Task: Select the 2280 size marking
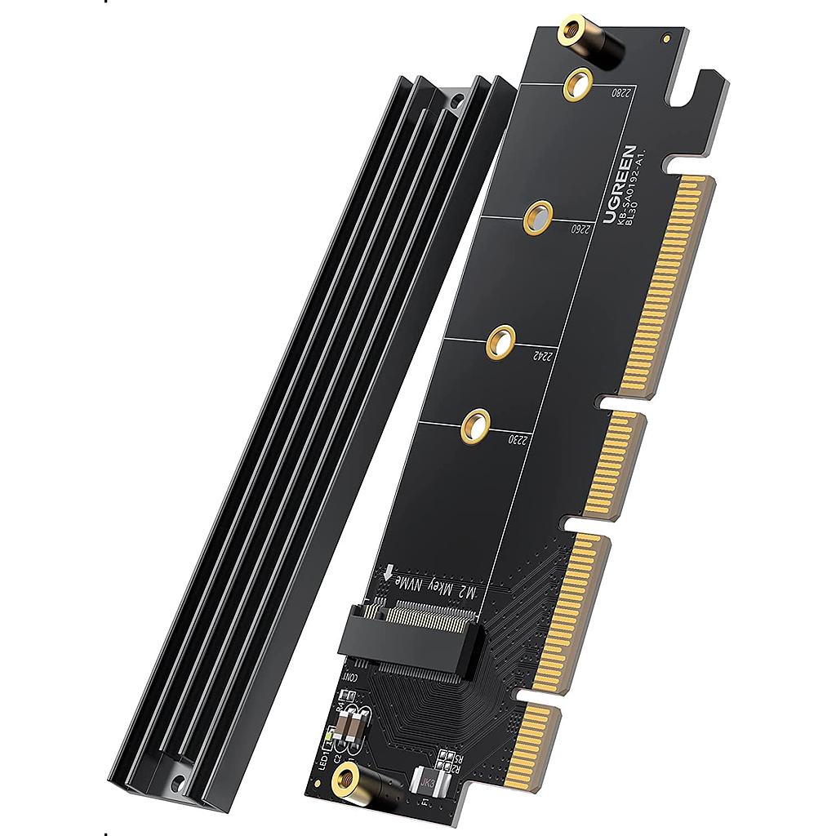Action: (x=621, y=93)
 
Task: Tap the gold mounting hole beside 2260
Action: (x=536, y=217)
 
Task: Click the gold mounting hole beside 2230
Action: (x=474, y=425)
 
